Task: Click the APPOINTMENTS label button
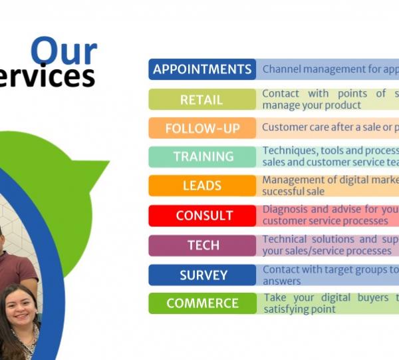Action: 202,69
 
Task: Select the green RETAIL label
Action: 202,99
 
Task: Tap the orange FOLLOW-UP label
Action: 202,128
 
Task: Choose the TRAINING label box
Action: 202,156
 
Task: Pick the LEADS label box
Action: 202,186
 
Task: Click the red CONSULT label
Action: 202,215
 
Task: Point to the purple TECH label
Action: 202,245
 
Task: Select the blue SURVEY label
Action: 202,275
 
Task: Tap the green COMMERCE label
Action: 202,303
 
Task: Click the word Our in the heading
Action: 64,52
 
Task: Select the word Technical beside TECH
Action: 285,239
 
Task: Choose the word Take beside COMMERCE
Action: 274,297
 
